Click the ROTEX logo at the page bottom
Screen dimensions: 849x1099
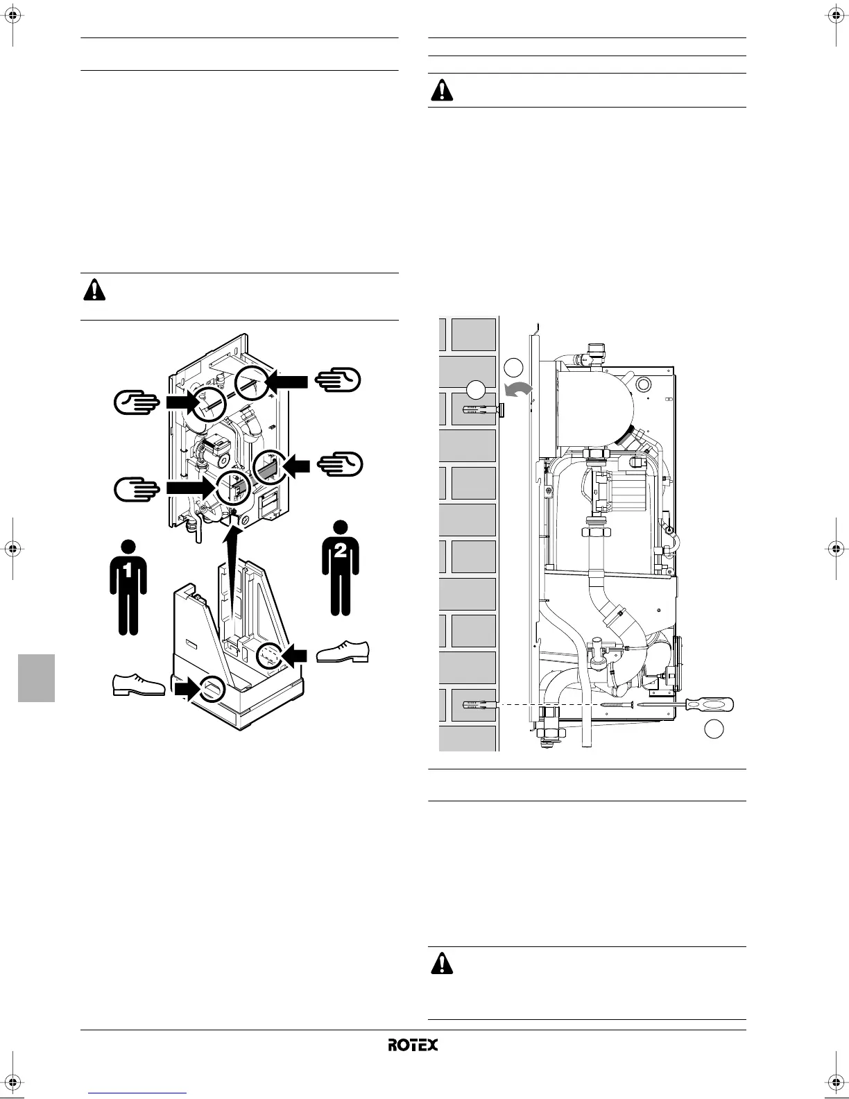pos(413,1044)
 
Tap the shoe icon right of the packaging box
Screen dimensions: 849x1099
pos(343,652)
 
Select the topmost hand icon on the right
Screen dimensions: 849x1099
pos(338,380)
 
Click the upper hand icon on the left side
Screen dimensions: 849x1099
pos(137,402)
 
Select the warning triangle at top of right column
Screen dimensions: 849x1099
pos(441,91)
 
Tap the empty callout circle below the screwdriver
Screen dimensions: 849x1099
pos(714,729)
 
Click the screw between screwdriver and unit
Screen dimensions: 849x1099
pos(617,704)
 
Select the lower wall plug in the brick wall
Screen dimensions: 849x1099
pos(479,705)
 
